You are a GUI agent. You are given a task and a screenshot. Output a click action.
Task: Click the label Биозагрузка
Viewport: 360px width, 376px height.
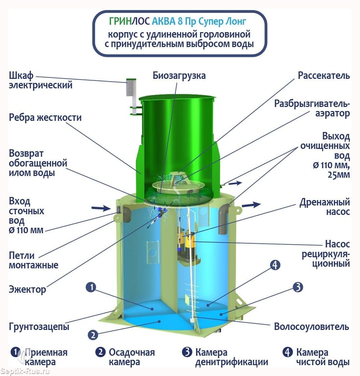pyautogui.click(x=179, y=75)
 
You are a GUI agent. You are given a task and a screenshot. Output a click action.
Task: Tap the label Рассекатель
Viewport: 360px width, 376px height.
pyautogui.click(x=324, y=75)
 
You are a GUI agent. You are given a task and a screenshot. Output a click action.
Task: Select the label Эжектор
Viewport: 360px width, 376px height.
pyautogui.click(x=27, y=289)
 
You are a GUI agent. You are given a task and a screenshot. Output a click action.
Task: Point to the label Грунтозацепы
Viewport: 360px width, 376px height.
pyautogui.click(x=39, y=326)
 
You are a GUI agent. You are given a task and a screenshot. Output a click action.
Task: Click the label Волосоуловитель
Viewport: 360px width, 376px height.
pyautogui.click(x=311, y=327)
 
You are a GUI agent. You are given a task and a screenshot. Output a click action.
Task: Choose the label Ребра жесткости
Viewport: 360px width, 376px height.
pyautogui.click(x=45, y=117)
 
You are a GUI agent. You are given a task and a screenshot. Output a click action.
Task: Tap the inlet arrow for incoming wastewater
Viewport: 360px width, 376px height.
pyautogui.click(x=101, y=208)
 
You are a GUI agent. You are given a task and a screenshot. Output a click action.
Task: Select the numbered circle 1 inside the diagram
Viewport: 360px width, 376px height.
pyautogui.click(x=91, y=287)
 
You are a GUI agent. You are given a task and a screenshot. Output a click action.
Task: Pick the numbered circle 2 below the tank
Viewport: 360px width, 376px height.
pyautogui.click(x=93, y=335)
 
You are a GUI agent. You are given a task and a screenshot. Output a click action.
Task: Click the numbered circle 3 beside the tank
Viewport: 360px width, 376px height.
pyautogui.click(x=298, y=287)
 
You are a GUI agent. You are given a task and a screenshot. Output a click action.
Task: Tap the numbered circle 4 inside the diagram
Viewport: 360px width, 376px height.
pyautogui.click(x=275, y=265)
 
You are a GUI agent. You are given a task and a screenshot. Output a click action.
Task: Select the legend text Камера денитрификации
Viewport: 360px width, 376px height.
pyautogui.click(x=232, y=357)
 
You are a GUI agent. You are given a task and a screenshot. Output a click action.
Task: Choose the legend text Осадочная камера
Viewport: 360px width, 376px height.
pyautogui.click(x=132, y=357)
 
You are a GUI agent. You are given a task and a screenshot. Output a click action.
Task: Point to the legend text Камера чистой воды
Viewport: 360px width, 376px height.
pyautogui.click(x=323, y=357)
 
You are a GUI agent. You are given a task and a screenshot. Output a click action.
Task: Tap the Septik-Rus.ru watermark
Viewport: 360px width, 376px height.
pyautogui.click(x=25, y=372)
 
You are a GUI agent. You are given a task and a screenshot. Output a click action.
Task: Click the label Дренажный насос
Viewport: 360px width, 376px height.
pyautogui.click(x=325, y=207)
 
